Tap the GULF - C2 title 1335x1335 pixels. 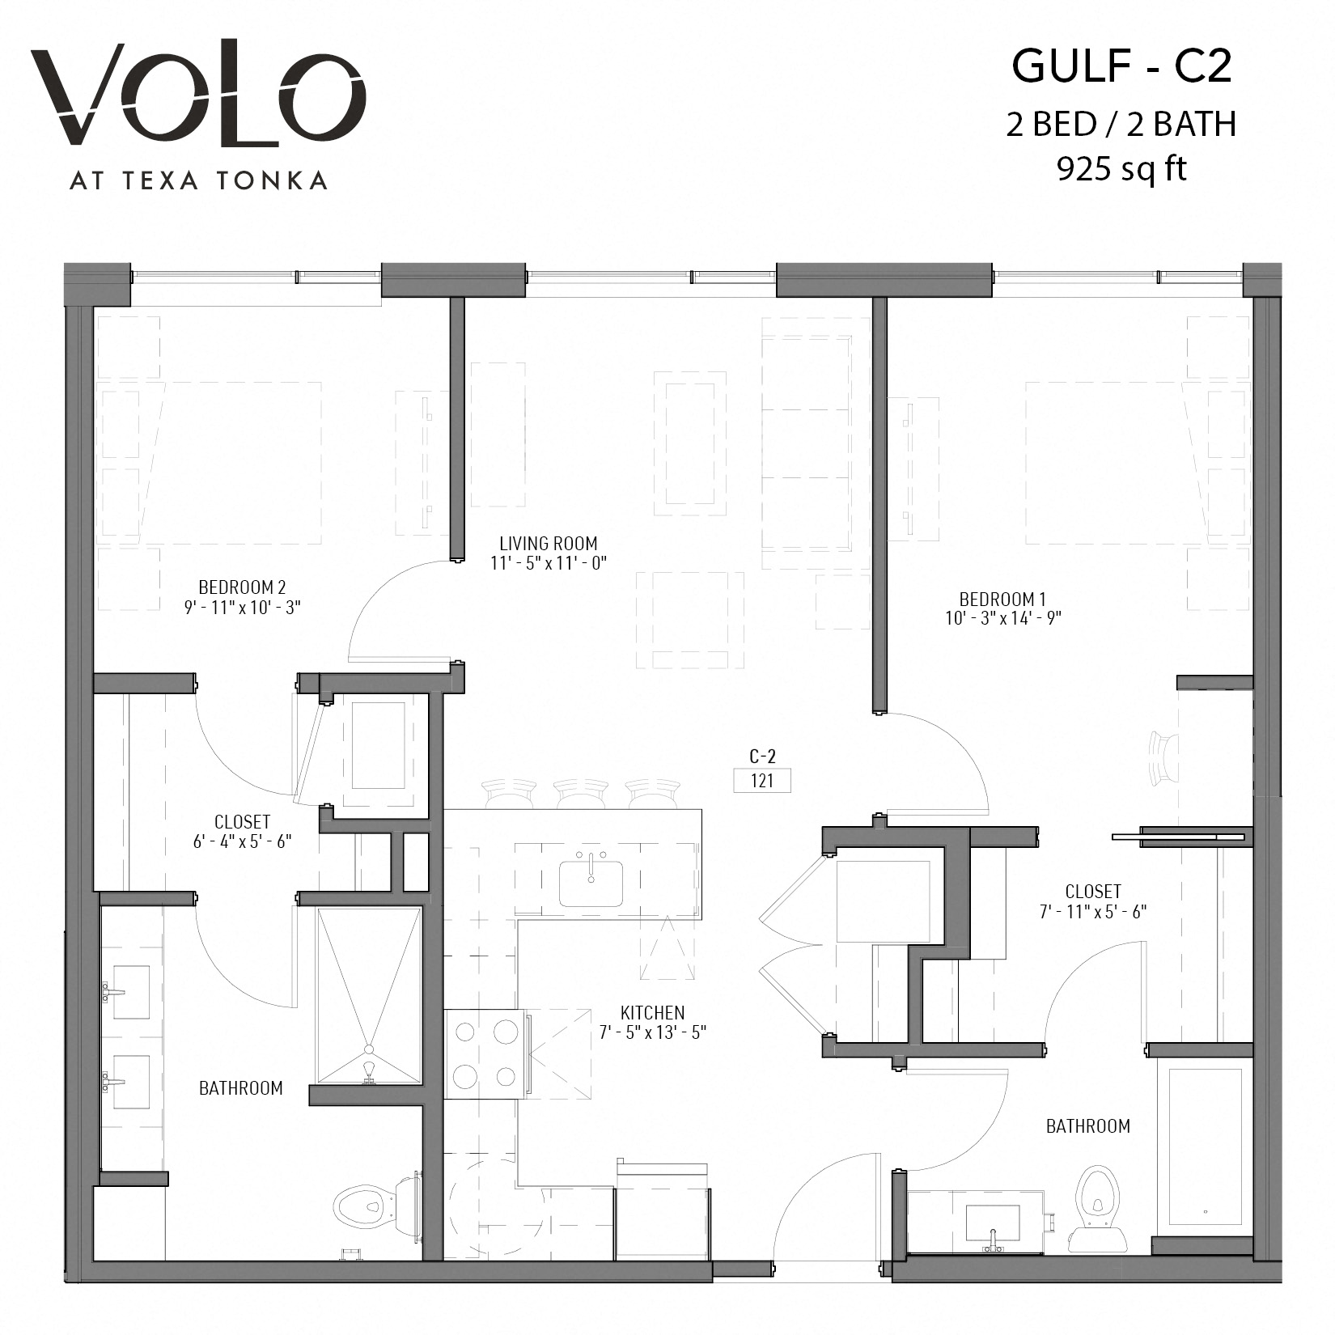tap(1121, 66)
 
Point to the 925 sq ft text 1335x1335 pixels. tap(1121, 168)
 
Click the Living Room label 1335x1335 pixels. tap(548, 544)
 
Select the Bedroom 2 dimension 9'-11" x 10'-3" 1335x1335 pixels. tap(242, 607)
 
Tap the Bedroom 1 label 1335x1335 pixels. tap(1002, 600)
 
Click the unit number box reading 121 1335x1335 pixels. tap(761, 781)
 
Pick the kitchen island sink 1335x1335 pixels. tap(591, 884)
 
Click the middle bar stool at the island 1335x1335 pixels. tap(581, 793)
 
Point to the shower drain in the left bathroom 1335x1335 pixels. tap(370, 1067)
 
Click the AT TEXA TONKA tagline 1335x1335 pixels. tap(198, 180)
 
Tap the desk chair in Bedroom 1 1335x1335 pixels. tap(1164, 758)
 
